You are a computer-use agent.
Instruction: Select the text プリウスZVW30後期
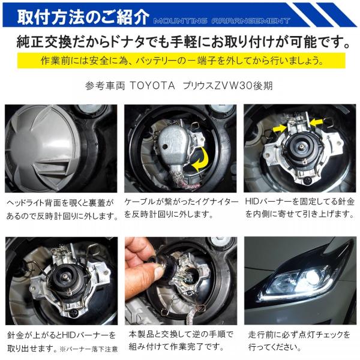coord(230,85)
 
